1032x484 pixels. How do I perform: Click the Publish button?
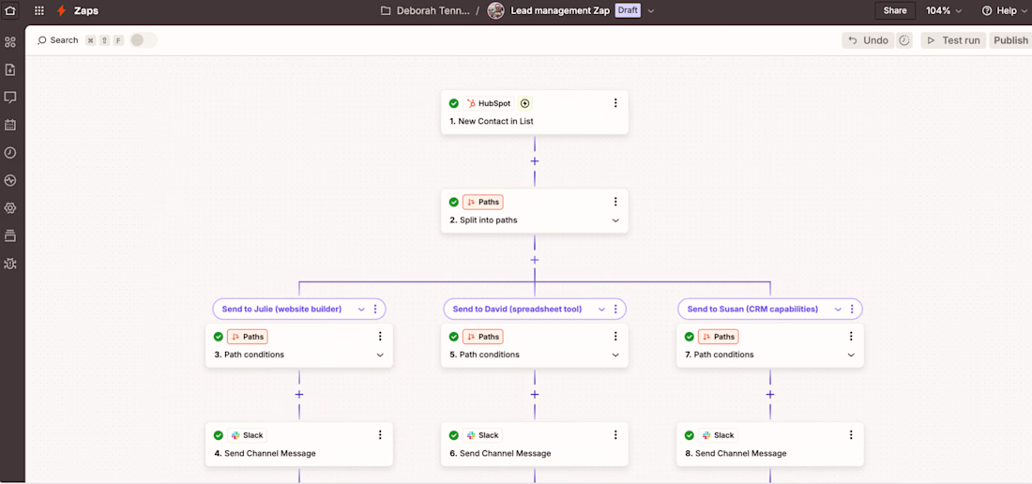click(1010, 40)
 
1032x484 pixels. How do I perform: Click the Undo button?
click(869, 40)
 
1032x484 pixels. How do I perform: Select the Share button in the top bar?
click(894, 10)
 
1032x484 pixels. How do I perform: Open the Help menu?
click(999, 10)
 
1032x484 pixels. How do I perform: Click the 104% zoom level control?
click(944, 10)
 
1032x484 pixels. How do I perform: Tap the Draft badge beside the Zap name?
click(627, 10)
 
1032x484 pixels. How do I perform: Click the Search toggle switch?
click(144, 40)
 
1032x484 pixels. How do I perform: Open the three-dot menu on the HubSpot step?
click(615, 102)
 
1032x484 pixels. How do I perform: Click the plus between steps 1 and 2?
click(535, 161)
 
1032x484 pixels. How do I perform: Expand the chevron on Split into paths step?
click(615, 220)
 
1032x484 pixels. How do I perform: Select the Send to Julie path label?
click(281, 310)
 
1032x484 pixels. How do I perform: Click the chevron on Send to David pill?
click(601, 310)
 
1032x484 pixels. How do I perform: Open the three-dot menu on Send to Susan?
click(852, 310)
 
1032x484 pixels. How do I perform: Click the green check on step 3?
click(219, 337)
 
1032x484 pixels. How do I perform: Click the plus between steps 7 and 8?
click(770, 395)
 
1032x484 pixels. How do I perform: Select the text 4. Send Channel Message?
click(265, 453)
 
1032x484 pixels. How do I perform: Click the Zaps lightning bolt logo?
click(61, 10)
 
